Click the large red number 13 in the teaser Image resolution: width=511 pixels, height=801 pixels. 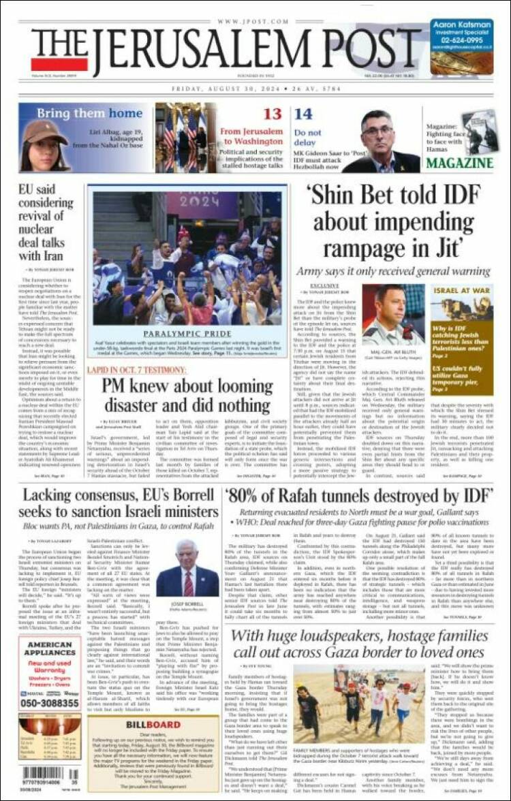point(273,114)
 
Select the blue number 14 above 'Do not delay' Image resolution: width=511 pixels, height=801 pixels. point(303,114)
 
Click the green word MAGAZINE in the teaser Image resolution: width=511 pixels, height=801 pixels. point(460,163)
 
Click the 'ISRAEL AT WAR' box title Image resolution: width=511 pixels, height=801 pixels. point(462,291)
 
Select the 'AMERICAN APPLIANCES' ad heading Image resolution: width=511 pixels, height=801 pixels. point(49,649)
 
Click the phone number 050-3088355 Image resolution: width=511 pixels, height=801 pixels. point(49,702)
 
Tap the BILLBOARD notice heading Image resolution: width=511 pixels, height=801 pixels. point(153,723)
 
